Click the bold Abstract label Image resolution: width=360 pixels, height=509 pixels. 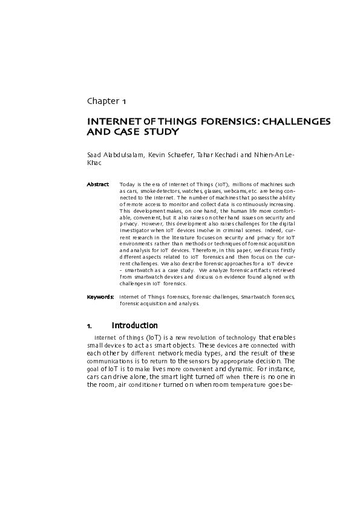point(97,184)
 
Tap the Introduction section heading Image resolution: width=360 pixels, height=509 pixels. point(134,326)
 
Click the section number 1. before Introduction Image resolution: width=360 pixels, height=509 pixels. point(90,326)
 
